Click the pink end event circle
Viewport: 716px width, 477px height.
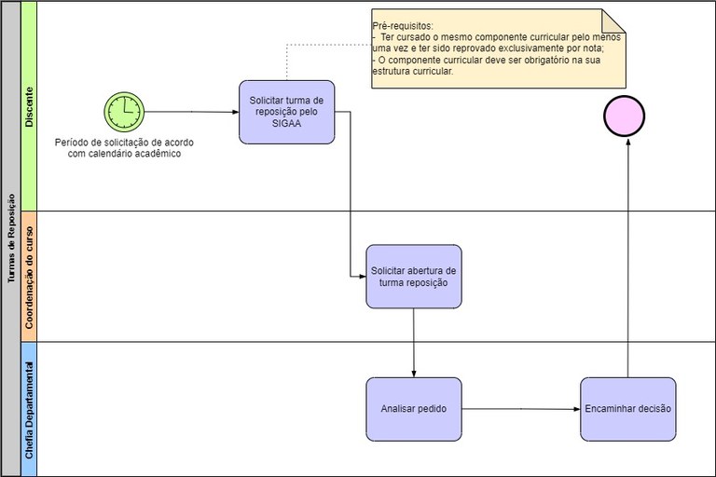626,116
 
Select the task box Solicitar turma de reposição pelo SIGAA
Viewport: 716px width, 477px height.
286,112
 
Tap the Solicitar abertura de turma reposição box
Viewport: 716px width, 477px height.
413,276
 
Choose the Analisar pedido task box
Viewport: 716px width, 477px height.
413,408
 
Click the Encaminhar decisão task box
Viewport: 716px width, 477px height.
626,408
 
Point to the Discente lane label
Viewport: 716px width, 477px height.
29,107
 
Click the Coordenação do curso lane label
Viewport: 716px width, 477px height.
29,276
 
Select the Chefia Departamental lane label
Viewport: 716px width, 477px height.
29,408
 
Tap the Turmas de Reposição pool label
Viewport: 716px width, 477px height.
10,238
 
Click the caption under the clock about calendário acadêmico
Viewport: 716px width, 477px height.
124,148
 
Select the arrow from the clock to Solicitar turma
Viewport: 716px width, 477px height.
191,112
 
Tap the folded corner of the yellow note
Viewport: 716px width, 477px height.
613,20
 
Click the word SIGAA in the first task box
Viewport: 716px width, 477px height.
286,124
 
